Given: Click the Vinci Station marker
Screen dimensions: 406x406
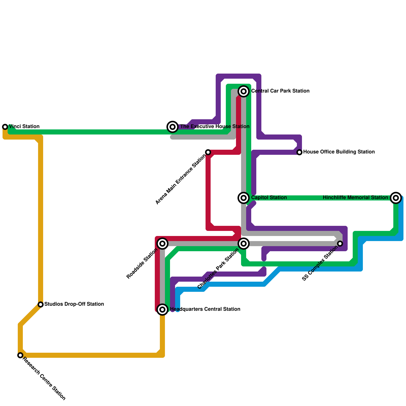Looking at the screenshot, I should click(5, 127).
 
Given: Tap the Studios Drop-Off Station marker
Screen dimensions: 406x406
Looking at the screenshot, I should click(41, 304).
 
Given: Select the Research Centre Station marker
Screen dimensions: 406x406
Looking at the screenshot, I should click(20, 355).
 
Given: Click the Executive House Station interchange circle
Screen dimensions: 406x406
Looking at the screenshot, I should click(173, 127).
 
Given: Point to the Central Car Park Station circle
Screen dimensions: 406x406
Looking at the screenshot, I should click(244, 91).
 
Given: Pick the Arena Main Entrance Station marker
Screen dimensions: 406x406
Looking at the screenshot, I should click(208, 152).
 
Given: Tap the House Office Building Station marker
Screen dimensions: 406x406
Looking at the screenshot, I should click(299, 152).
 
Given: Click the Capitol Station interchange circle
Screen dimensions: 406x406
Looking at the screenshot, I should click(244, 198).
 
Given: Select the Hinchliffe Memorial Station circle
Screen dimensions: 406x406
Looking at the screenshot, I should click(396, 198).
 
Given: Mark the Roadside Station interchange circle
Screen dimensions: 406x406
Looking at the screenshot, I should click(163, 244).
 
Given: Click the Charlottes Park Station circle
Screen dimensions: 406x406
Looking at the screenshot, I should click(244, 244).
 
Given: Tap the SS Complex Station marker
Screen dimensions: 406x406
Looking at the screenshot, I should click(340, 244).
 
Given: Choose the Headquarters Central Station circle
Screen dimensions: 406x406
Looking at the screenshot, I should click(163, 309).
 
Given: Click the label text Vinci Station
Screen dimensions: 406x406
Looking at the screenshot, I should click(24, 127).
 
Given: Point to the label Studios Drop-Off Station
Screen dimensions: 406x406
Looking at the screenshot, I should click(74, 304).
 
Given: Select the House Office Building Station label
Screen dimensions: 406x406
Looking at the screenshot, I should click(339, 152).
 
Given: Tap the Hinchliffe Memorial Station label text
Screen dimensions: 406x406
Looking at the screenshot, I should click(355, 198).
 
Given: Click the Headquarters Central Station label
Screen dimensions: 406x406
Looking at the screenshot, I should click(205, 309).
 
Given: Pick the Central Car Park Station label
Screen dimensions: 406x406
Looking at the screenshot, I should click(280, 91).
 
